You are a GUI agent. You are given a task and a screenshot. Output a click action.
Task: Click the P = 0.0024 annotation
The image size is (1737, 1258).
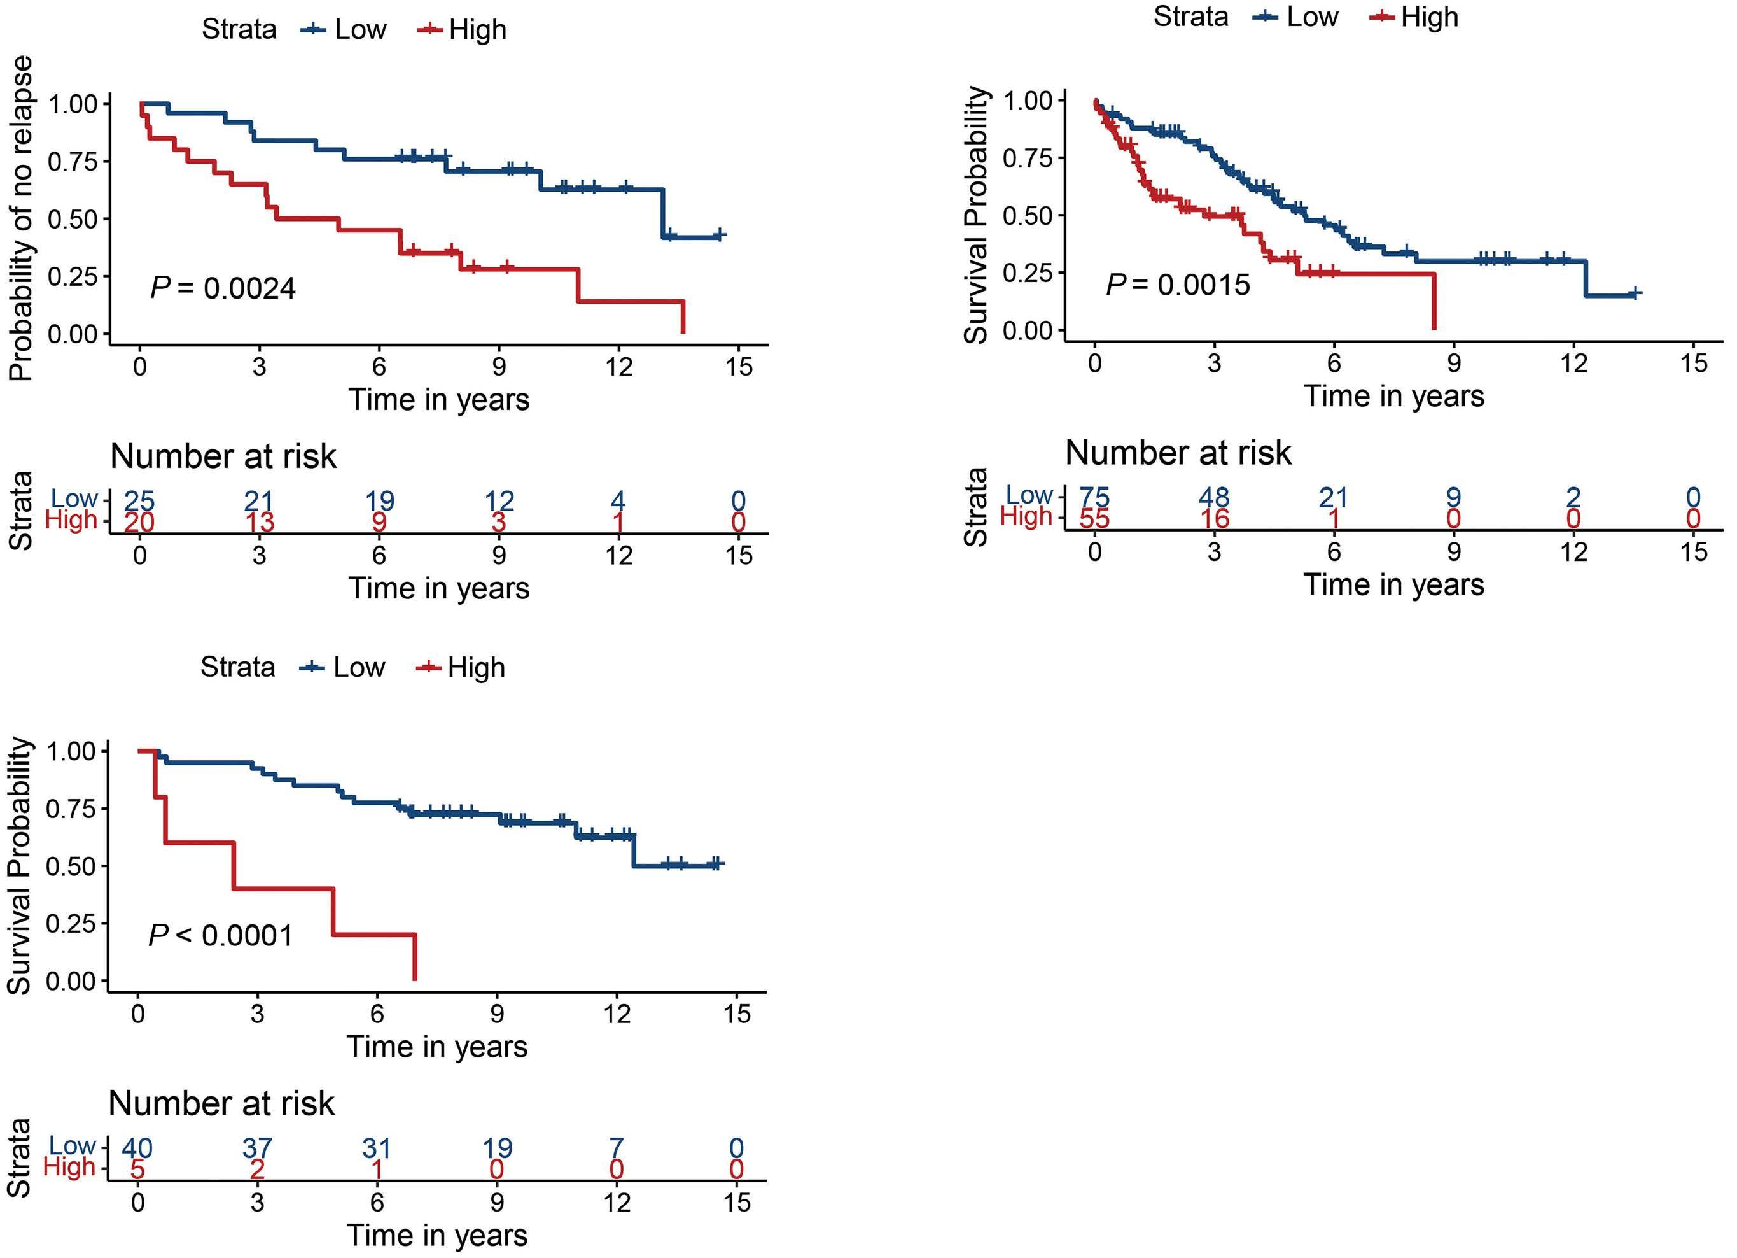223,288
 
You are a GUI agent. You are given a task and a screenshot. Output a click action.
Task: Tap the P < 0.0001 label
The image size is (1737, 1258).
221,935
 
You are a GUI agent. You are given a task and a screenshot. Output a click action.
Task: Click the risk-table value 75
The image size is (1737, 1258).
1094,498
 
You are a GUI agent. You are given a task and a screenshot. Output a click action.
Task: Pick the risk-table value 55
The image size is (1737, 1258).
1094,519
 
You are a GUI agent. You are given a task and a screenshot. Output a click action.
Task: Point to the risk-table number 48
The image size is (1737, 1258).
1214,498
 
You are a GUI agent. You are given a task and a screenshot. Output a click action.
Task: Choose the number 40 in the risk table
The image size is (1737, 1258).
138,1148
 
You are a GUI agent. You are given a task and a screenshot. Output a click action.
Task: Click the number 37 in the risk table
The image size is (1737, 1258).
257,1148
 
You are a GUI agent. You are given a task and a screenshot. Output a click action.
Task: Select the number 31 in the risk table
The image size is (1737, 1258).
377,1148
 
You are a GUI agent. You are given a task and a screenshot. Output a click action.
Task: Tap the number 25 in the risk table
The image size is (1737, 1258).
139,501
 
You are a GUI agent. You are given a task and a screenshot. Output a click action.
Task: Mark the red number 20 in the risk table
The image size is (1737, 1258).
139,523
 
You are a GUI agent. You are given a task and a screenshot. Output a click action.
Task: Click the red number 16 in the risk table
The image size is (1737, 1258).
1214,519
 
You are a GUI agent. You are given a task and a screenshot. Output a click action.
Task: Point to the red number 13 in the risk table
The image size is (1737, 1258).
259,523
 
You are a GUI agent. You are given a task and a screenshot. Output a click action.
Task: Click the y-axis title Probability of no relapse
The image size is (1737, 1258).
22,218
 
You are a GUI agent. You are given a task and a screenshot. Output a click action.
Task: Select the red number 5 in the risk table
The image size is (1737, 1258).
138,1169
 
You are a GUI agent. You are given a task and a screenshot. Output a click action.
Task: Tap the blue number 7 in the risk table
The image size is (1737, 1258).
617,1148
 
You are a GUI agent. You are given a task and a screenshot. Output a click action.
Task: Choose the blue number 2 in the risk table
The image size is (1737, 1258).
1573,498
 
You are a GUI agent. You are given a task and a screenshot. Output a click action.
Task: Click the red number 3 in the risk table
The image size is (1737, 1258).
499,523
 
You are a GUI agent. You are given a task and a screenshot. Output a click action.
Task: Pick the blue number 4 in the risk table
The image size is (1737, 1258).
618,501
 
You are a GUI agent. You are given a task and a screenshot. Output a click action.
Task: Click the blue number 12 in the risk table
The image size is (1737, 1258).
499,501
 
